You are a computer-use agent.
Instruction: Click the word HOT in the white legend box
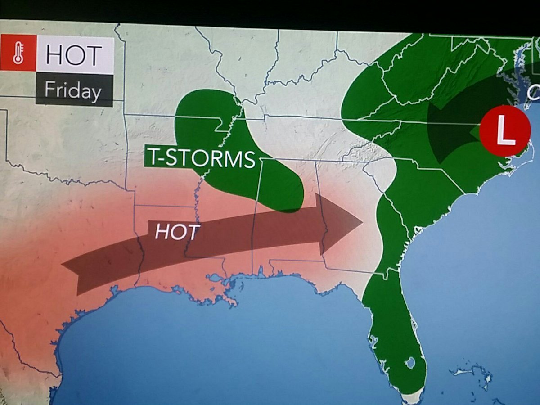(x=74, y=55)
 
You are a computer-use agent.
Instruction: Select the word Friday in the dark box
(x=72, y=91)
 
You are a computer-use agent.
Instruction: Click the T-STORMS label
(x=200, y=158)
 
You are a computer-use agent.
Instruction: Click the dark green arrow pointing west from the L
(x=450, y=130)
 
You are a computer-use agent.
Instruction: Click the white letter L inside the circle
(x=505, y=131)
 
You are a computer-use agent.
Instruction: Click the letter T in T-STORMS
(x=153, y=158)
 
